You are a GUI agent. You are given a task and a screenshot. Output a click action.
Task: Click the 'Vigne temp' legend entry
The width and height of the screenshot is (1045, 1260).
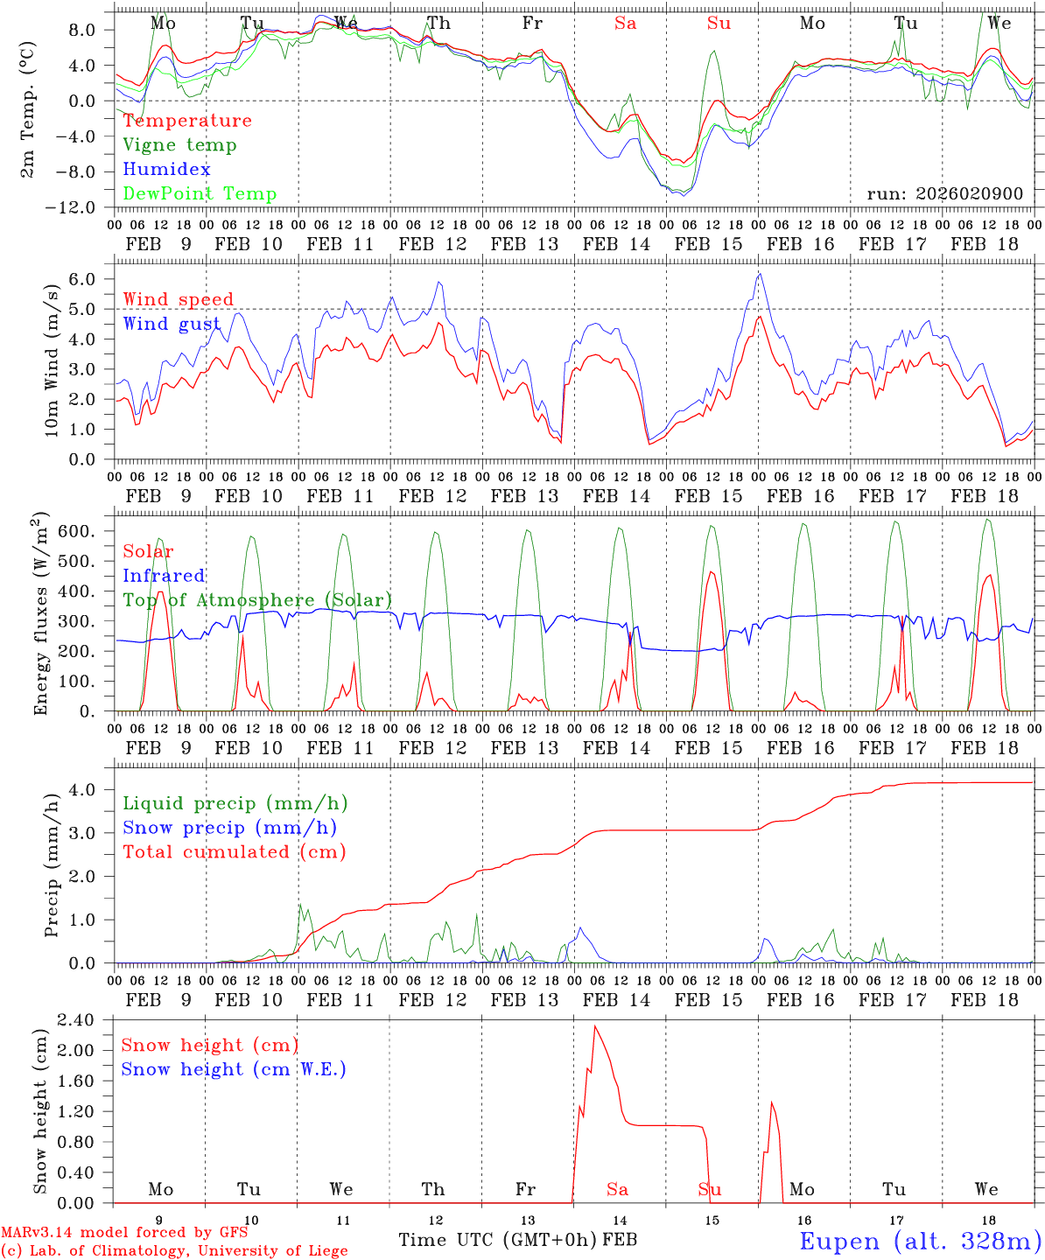pyautogui.click(x=179, y=145)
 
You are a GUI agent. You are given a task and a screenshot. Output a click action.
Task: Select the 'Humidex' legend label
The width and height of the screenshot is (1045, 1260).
pyautogui.click(x=166, y=170)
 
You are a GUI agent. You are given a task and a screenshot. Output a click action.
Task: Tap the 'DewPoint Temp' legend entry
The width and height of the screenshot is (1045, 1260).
pyautogui.click(x=200, y=194)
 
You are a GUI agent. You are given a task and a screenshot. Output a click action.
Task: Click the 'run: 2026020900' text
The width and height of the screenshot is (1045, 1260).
pyautogui.click(x=944, y=193)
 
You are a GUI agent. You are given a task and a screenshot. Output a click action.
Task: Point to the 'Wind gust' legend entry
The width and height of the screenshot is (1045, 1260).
pyautogui.click(x=172, y=325)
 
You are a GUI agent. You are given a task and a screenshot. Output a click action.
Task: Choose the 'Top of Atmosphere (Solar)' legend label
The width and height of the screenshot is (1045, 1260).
pyautogui.click(x=257, y=600)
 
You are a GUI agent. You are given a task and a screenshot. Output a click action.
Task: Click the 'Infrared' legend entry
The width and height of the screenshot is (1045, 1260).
pyautogui.click(x=164, y=576)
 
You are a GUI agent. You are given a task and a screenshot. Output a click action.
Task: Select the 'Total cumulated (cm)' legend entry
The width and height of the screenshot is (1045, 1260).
pyautogui.click(x=234, y=852)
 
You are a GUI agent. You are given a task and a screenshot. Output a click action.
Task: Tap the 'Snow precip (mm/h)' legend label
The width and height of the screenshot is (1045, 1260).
pyautogui.click(x=229, y=828)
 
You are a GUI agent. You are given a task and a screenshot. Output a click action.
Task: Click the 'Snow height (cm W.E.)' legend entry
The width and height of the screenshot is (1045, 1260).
pyautogui.click(x=234, y=1069)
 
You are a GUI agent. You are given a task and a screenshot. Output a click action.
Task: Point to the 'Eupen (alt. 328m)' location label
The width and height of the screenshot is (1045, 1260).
pyautogui.click(x=920, y=1241)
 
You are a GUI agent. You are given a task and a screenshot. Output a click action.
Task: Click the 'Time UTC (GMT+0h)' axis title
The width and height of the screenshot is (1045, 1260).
pyautogui.click(x=498, y=1240)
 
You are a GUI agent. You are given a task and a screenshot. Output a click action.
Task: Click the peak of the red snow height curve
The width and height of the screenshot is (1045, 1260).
pyautogui.click(x=595, y=1026)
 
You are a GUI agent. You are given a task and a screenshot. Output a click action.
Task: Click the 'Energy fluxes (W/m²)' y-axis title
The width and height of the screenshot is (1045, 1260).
pyautogui.click(x=40, y=615)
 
